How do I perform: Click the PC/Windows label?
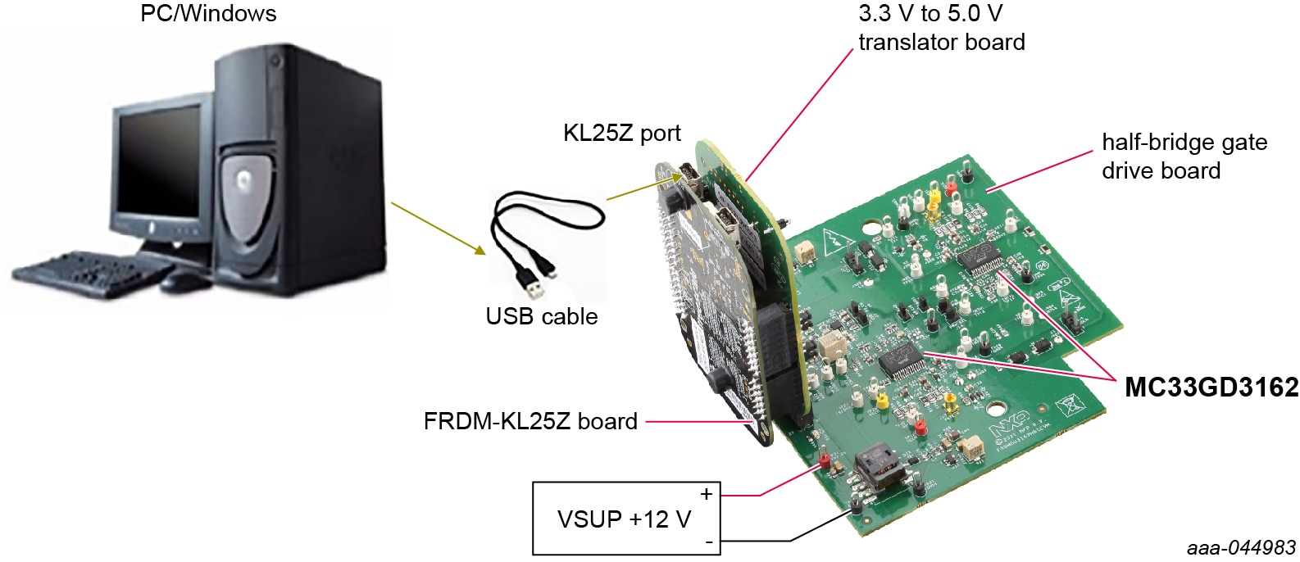point(208,14)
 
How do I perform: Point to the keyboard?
point(82,274)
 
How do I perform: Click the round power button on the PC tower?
point(275,60)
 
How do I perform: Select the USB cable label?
point(541,316)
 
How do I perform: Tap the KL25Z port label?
point(621,133)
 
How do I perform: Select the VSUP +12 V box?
point(626,519)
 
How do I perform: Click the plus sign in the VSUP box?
point(706,494)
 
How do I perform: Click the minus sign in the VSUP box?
point(707,542)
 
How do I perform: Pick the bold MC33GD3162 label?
point(1211,387)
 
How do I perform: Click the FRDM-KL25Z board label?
point(530,421)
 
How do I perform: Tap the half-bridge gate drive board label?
point(1183,156)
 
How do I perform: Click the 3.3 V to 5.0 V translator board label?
point(941,28)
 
